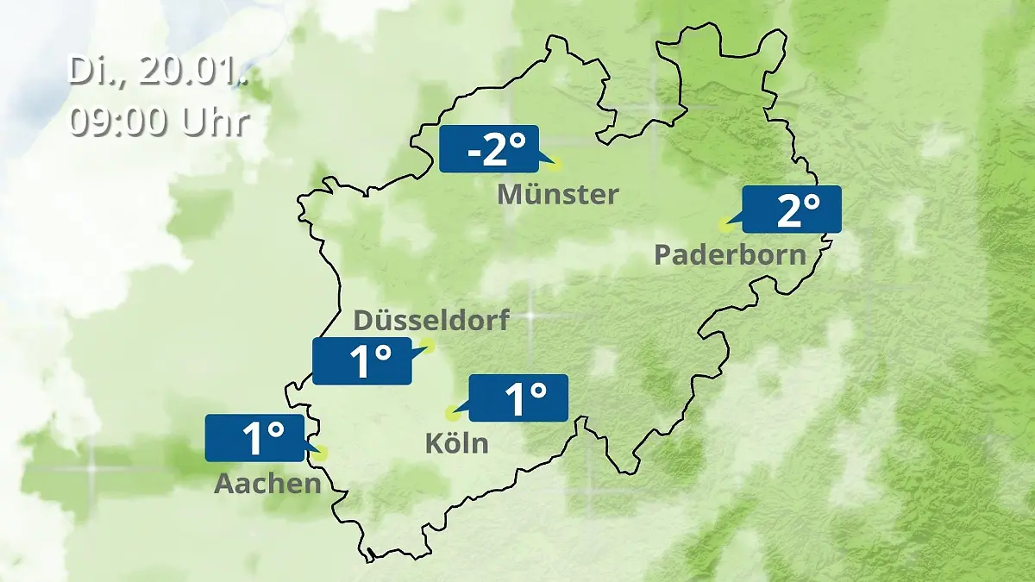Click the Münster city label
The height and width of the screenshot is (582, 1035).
[x=558, y=195]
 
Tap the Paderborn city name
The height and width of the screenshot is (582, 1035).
[x=731, y=255]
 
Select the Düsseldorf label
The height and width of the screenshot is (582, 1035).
[x=431, y=321]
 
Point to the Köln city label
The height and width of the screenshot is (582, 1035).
[x=456, y=444]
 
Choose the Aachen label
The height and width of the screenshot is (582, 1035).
[x=267, y=484]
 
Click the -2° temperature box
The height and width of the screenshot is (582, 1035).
[x=488, y=149]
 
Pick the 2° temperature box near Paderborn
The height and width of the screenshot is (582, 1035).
[x=791, y=210]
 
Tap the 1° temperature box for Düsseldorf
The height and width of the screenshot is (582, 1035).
[x=362, y=361]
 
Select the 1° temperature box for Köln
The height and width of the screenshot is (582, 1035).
[x=518, y=398]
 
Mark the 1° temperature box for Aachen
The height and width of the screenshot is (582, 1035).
[x=255, y=438]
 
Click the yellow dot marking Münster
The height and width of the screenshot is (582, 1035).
[x=555, y=163]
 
